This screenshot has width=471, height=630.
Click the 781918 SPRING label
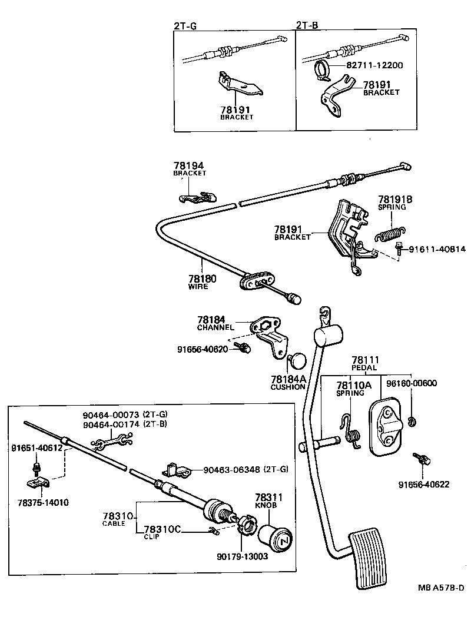coord(395,203)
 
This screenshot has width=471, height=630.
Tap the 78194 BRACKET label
coord(190,170)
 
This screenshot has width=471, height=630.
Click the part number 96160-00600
coord(412,383)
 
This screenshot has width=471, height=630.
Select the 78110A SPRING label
coord(354,389)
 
